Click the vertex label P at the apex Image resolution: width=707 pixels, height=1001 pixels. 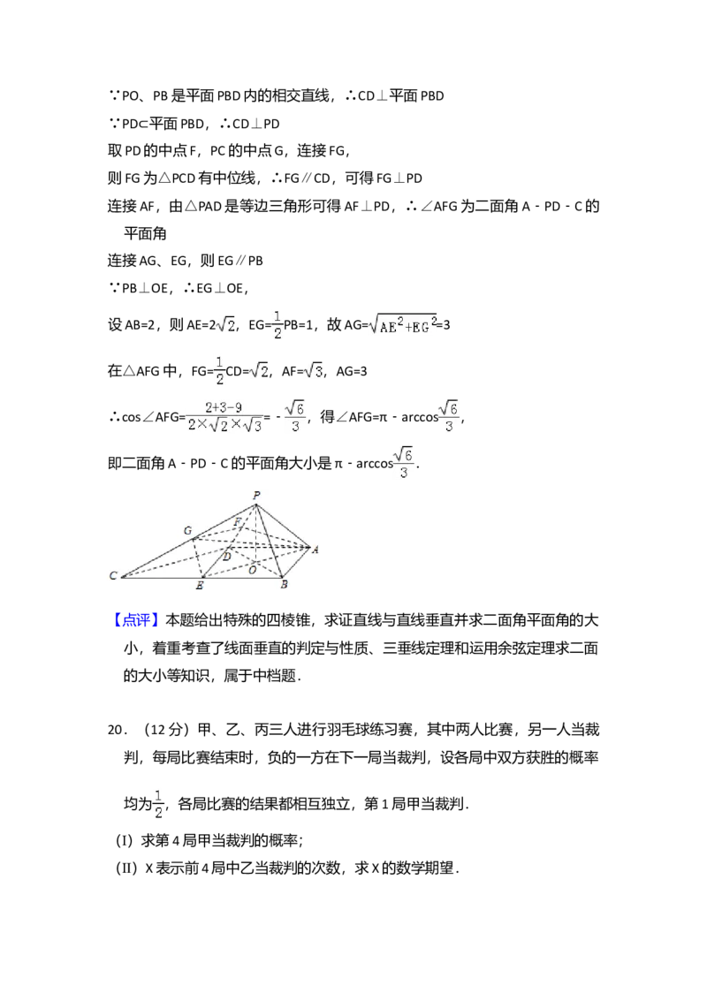click(x=256, y=496)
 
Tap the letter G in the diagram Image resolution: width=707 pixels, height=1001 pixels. click(x=187, y=530)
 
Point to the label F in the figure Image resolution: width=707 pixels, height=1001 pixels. click(x=237, y=522)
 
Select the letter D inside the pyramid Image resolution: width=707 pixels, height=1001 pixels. click(x=226, y=557)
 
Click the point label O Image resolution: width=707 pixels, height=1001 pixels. click(x=252, y=570)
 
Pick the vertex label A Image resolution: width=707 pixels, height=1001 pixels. click(x=315, y=550)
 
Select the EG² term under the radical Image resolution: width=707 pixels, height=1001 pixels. click(x=423, y=326)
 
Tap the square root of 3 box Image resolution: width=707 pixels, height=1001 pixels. click(x=311, y=372)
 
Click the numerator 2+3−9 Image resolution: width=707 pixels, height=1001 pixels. click(x=224, y=407)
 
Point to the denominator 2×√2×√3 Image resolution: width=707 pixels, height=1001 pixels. click(x=225, y=426)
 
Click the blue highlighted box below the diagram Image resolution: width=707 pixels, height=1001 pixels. click(x=137, y=619)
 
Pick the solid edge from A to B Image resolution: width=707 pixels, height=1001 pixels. click(x=297, y=563)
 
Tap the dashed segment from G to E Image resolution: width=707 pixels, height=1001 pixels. click(x=198, y=558)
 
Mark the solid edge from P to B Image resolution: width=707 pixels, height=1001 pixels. click(x=269, y=541)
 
